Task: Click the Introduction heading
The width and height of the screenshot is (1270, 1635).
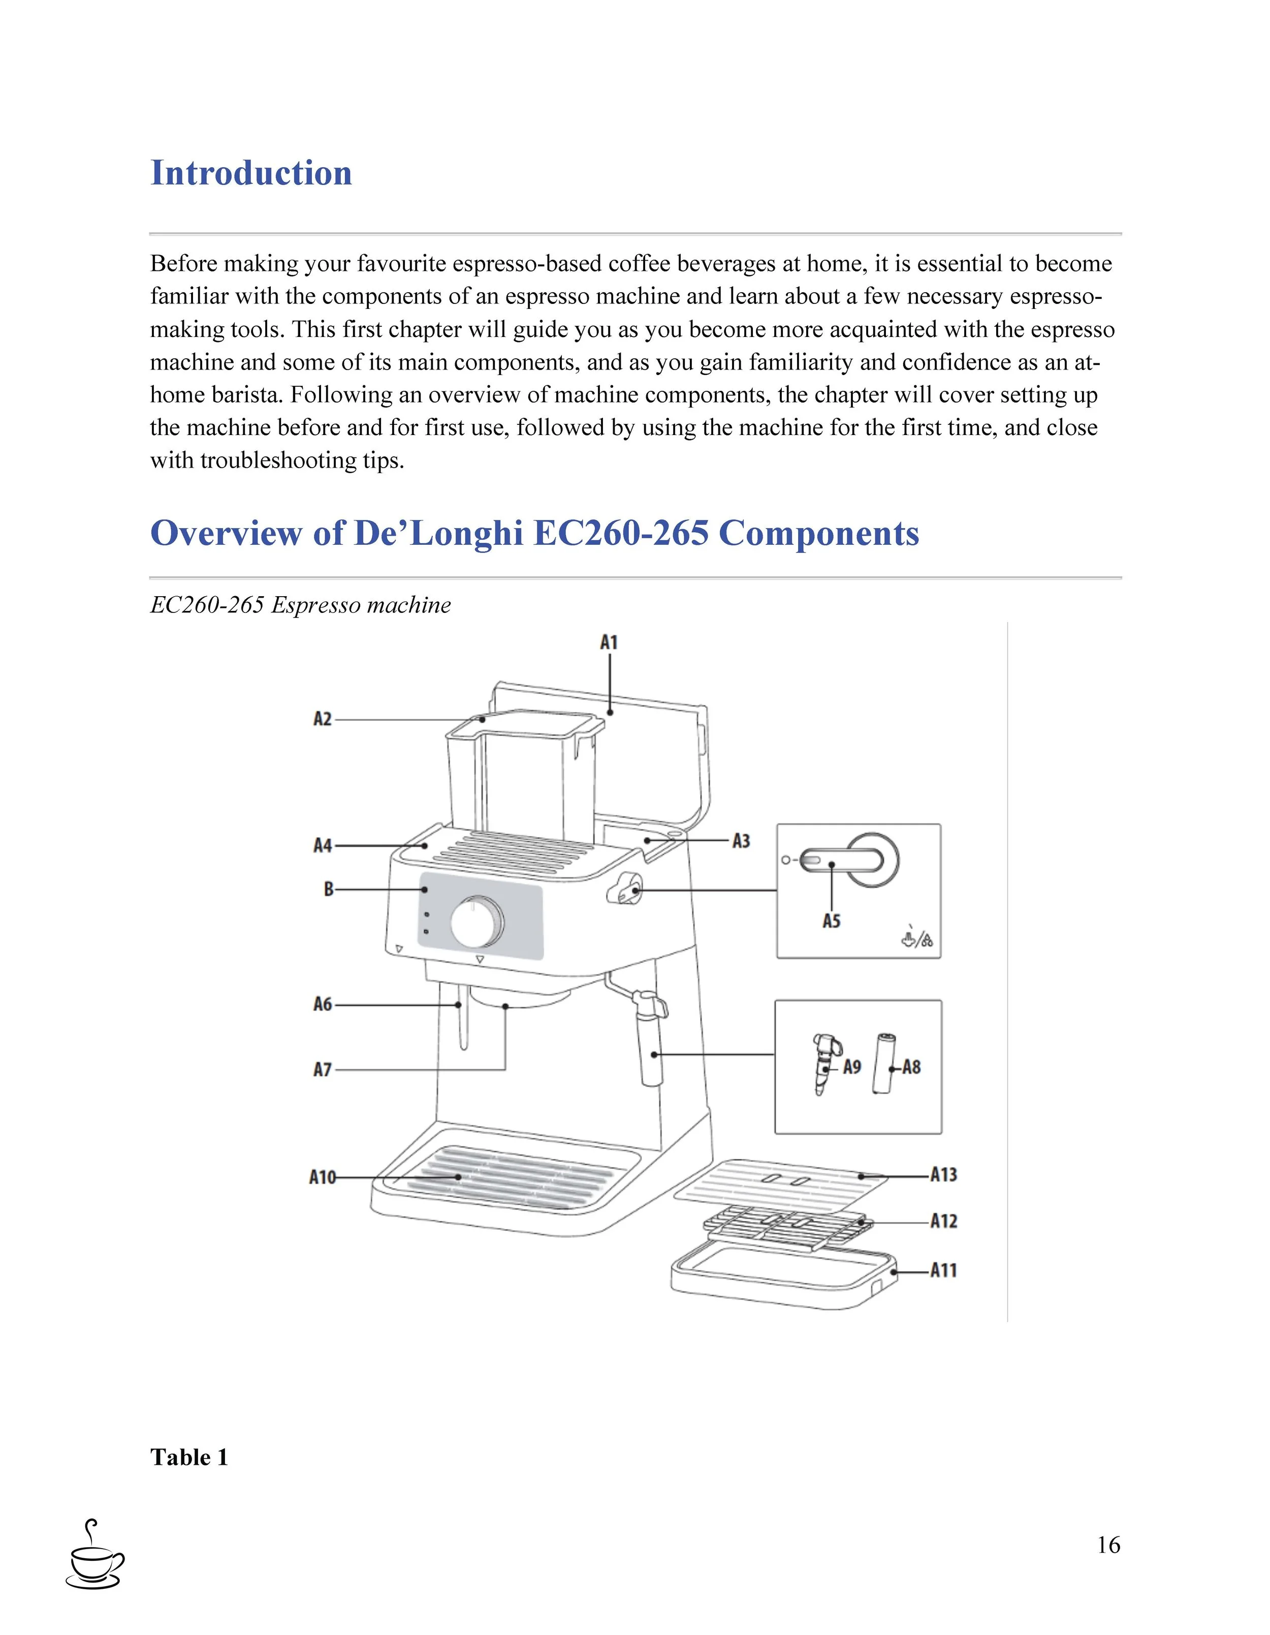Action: coord(251,173)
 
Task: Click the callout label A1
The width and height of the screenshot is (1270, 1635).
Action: coord(609,642)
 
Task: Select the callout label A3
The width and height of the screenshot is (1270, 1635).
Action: coord(741,841)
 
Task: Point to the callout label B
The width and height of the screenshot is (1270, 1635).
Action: coord(329,889)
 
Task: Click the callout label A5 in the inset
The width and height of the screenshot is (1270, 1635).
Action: coord(832,921)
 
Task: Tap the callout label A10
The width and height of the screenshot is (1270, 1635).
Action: coord(323,1178)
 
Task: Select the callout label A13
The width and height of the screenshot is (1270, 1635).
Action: coord(944,1175)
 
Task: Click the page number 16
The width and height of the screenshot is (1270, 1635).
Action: coord(1108,1545)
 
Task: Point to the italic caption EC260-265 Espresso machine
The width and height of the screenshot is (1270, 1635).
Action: coord(300,605)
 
